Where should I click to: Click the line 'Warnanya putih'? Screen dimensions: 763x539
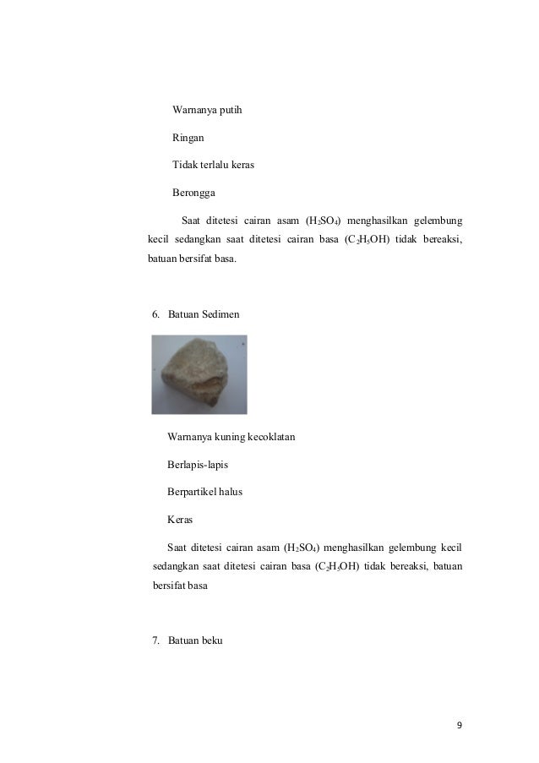point(207,111)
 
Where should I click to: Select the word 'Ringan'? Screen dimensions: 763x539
point(188,138)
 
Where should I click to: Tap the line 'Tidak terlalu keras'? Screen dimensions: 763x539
point(213,165)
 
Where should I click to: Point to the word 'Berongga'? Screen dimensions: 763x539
point(193,192)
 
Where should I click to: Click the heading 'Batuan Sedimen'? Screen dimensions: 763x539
point(204,314)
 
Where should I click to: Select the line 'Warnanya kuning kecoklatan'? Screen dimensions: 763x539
point(231,438)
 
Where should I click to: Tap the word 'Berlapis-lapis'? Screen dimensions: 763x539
point(198,465)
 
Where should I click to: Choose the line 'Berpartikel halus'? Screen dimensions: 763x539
point(204,492)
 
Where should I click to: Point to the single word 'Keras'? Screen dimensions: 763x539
point(180,520)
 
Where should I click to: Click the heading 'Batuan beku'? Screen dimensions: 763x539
point(195,641)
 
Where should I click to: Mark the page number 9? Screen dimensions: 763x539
point(460,725)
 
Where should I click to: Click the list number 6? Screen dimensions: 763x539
point(155,314)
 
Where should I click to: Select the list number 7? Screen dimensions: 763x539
point(155,641)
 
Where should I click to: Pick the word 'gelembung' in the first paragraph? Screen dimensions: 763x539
point(435,221)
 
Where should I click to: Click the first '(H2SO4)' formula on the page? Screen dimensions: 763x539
point(323,221)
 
